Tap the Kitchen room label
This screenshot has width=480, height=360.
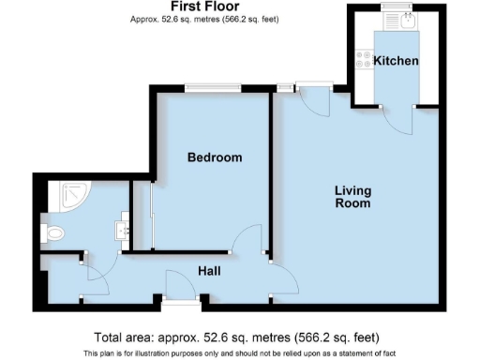pos(396,61)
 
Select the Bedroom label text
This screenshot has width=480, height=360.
pos(214,157)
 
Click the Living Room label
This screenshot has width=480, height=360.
pos(353,197)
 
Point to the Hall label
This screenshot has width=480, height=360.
pos(210,271)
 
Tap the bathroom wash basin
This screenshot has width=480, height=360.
pos(121,228)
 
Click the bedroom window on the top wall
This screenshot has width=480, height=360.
pos(212,88)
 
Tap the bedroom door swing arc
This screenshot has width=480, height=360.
pos(247,241)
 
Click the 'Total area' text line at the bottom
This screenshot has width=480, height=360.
pos(236,337)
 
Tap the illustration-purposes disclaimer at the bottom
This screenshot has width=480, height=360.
pos(236,352)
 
